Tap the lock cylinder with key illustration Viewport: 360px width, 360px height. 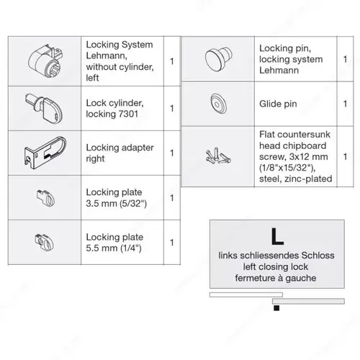45,107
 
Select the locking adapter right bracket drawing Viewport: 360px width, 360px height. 46,152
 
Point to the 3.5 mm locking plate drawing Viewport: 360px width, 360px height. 42,196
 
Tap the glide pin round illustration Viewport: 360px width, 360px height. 216,102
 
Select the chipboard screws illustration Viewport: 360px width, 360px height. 216,155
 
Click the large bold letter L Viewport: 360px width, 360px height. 272,236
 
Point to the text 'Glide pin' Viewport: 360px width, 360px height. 278,103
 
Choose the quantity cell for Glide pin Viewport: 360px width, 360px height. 345,103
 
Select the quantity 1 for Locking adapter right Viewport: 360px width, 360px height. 171,153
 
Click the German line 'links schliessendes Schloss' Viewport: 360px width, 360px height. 272,255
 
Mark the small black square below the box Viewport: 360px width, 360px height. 275,309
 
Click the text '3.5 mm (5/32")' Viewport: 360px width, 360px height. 115,203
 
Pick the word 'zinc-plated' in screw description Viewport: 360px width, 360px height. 307,177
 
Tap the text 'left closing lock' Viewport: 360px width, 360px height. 272,266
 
